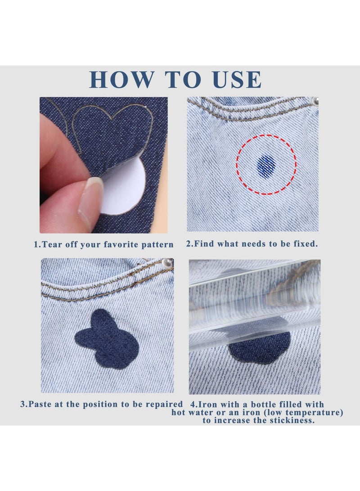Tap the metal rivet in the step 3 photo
169,262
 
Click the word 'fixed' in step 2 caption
305,244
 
